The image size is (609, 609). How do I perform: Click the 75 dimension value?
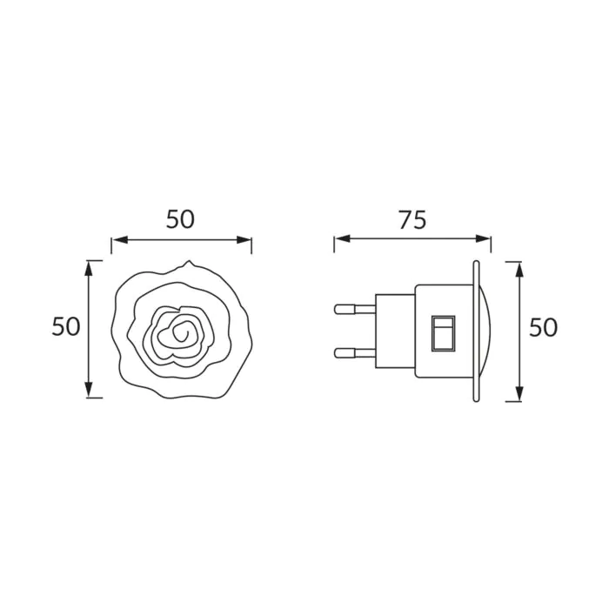point(412,220)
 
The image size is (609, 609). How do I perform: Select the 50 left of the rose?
point(66,326)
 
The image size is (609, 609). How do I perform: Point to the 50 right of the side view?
point(544,327)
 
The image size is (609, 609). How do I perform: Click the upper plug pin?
point(355,309)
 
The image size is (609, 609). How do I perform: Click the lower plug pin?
point(355,352)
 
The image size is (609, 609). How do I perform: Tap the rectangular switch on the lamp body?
point(443,333)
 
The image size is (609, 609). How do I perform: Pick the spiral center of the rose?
point(181,333)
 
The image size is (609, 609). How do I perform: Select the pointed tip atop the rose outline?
point(189,261)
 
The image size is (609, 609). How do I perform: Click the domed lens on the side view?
point(485,331)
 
